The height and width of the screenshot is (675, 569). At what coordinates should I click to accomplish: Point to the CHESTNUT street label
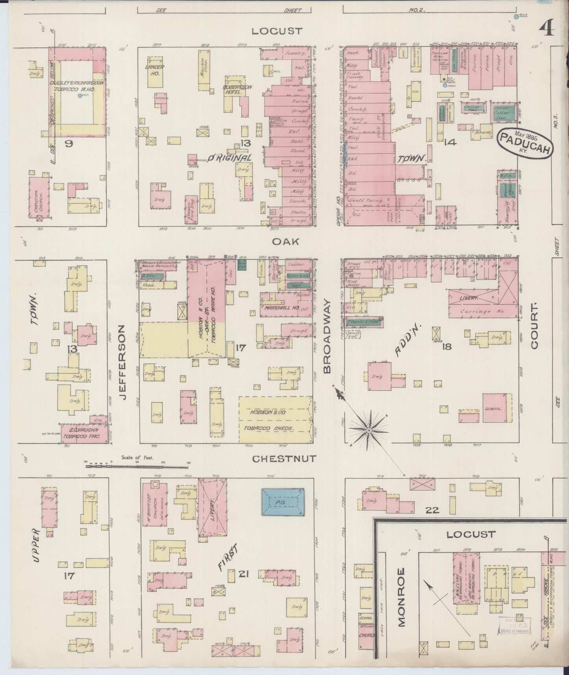click(x=284, y=458)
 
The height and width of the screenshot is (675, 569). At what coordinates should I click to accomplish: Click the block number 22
click(x=432, y=510)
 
